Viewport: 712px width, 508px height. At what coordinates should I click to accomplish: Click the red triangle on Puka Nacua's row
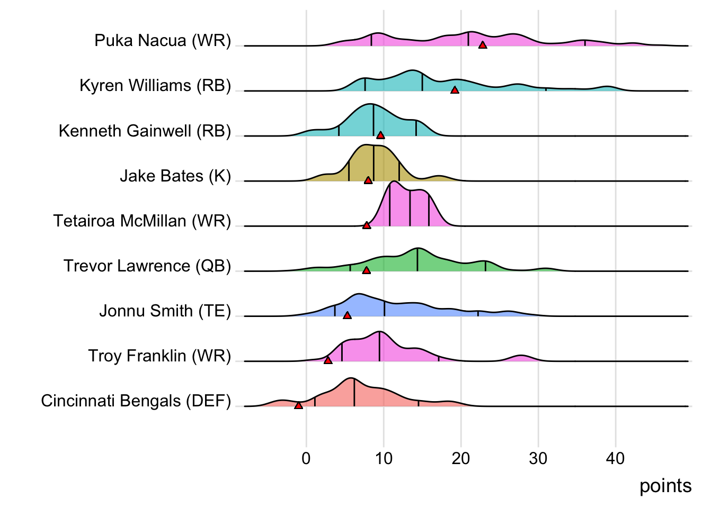point(482,46)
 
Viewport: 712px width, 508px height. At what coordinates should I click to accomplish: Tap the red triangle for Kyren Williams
point(455,90)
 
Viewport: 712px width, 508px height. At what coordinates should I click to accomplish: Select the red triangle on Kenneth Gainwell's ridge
point(380,135)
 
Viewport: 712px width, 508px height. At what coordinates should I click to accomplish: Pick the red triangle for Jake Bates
point(368,180)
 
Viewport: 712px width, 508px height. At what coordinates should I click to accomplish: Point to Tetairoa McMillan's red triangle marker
point(367,225)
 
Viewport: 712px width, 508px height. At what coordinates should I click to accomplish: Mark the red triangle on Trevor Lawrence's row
point(366,270)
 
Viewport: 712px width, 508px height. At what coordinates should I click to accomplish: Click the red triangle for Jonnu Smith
point(347,315)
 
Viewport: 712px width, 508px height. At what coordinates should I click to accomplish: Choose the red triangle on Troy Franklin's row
point(328,360)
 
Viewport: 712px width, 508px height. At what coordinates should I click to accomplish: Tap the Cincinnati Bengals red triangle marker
point(298,405)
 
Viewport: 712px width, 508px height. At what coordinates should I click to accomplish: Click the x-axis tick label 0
point(306,458)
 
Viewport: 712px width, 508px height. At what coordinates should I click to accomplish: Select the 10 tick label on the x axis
point(384,458)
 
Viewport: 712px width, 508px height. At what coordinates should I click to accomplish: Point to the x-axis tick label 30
point(538,458)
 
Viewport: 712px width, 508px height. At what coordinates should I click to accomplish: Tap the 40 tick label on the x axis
point(616,458)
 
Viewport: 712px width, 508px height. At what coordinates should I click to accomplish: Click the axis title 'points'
point(665,486)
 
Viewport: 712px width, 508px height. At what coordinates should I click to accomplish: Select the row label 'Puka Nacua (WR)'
point(163,41)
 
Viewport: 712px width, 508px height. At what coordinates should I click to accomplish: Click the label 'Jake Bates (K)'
point(175,176)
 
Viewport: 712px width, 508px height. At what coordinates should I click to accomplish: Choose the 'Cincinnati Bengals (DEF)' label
point(136,401)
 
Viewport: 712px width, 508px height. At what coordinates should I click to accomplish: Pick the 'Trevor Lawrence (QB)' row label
point(147,266)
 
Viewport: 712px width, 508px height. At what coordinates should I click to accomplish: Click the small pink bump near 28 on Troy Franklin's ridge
point(522,358)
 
